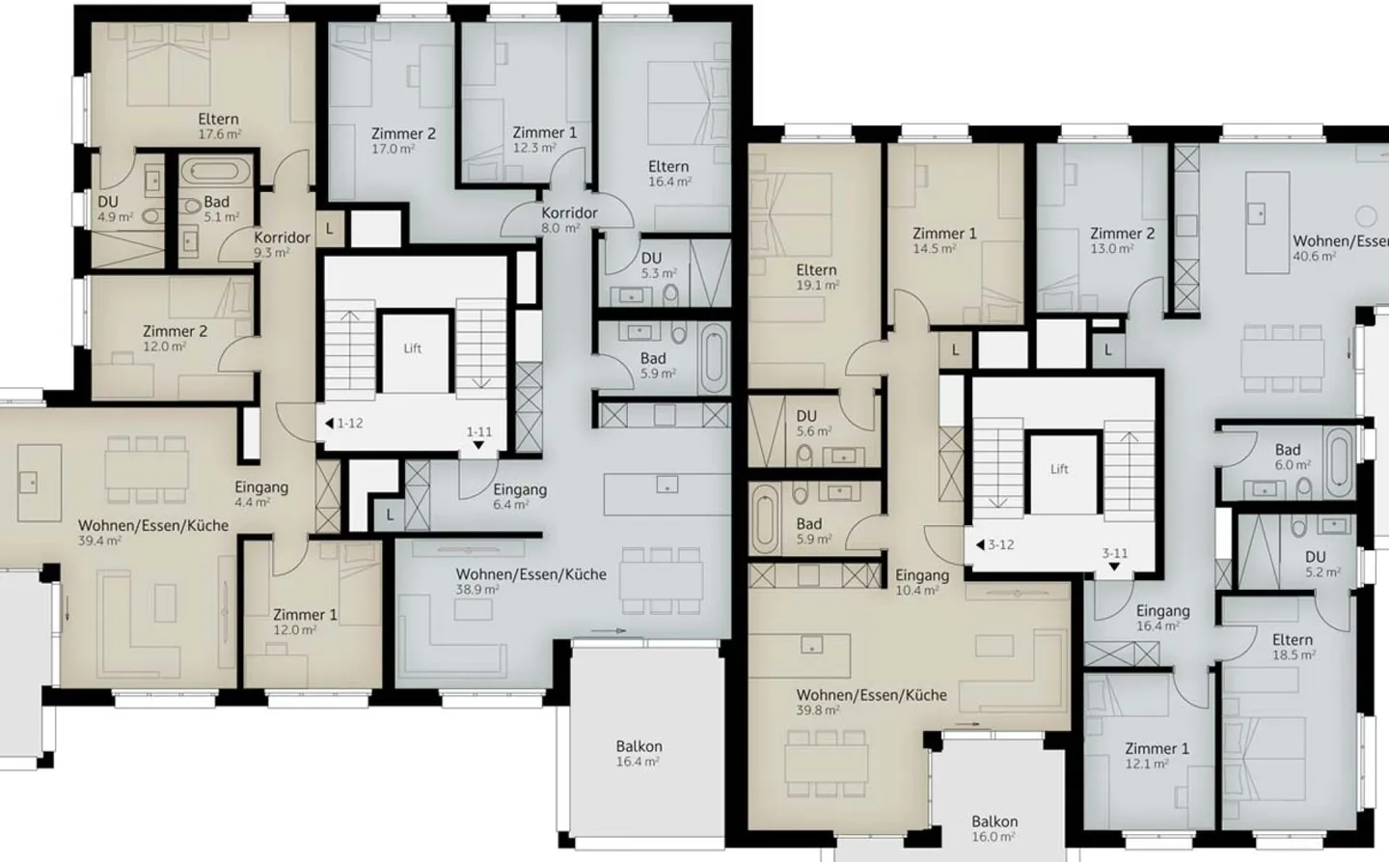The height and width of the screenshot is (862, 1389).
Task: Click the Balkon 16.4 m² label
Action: pyautogui.click(x=639, y=753)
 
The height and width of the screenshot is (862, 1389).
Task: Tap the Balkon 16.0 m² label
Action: pyautogui.click(x=994, y=828)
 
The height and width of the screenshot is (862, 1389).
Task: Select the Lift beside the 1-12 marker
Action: pyautogui.click(x=413, y=348)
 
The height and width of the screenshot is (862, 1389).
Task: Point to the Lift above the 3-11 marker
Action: pyautogui.click(x=1059, y=469)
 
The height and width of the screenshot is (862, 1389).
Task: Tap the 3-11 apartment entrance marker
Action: pyautogui.click(x=1114, y=559)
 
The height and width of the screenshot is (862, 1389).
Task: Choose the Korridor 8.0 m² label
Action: pyautogui.click(x=568, y=220)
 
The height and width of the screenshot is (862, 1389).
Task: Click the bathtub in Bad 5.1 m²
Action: pyautogui.click(x=216, y=173)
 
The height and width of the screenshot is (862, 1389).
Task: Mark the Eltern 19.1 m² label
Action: pyautogui.click(x=816, y=277)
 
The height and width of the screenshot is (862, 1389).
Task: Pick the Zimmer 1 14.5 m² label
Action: pyautogui.click(x=944, y=240)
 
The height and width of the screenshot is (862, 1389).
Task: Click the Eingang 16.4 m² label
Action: pyautogui.click(x=1162, y=618)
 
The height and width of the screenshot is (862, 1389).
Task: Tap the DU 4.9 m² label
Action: pyautogui.click(x=112, y=209)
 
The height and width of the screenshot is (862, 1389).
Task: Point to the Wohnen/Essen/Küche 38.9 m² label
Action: pyautogui.click(x=531, y=581)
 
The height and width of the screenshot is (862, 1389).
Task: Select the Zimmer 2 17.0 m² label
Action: pyautogui.click(x=403, y=141)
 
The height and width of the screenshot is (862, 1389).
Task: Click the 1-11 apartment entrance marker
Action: pyautogui.click(x=479, y=437)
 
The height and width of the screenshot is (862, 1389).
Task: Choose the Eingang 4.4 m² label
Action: pyautogui.click(x=261, y=494)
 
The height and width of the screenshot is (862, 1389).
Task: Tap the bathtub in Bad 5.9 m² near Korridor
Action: pyautogui.click(x=715, y=358)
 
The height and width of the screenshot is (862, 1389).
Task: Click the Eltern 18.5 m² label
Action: pyautogui.click(x=1293, y=647)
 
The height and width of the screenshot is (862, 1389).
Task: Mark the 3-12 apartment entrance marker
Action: pyautogui.click(x=994, y=544)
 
